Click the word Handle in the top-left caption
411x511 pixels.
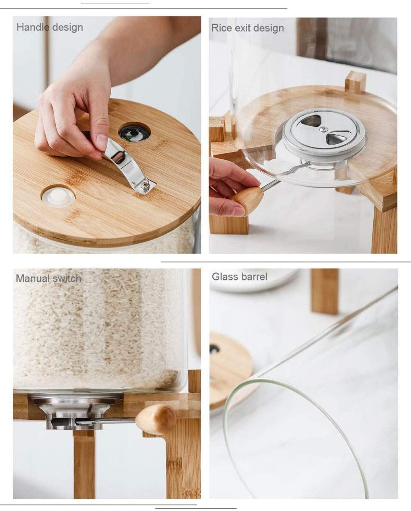pos(33,27)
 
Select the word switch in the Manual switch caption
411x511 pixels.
pos(67,278)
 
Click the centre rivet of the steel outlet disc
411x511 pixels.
pos(323,130)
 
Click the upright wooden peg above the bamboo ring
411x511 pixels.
pos(355,82)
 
